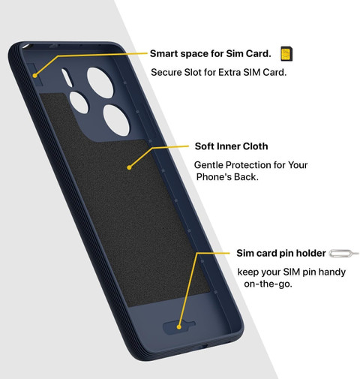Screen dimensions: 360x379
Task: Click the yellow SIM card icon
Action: pyautogui.click(x=286, y=54)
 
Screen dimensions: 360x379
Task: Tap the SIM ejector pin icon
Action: pyautogui.click(x=343, y=253)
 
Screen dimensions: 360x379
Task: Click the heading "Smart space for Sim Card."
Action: pyautogui.click(x=211, y=53)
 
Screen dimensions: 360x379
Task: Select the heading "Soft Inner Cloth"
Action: pyautogui.click(x=231, y=146)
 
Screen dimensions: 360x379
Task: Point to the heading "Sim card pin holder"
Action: pyautogui.click(x=281, y=253)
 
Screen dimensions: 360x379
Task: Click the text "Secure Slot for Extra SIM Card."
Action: pyautogui.click(x=219, y=73)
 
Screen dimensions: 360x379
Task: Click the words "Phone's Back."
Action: pyautogui.click(x=227, y=177)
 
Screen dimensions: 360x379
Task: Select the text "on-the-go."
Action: pyautogui.click(x=268, y=284)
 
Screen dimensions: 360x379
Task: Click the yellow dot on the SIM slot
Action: pyautogui.click(x=34, y=75)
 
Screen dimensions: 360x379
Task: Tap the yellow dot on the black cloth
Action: pyautogui.click(x=129, y=167)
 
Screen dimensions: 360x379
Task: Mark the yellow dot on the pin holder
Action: pyautogui.click(x=178, y=326)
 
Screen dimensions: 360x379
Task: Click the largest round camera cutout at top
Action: pyautogui.click(x=100, y=83)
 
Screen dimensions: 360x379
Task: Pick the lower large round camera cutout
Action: pyautogui.click(x=116, y=120)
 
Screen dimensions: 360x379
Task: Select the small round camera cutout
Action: pyautogui.click(x=79, y=103)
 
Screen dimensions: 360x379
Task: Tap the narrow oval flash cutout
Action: pyautogui.click(x=67, y=78)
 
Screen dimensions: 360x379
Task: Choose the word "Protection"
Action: pyautogui.click(x=247, y=165)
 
